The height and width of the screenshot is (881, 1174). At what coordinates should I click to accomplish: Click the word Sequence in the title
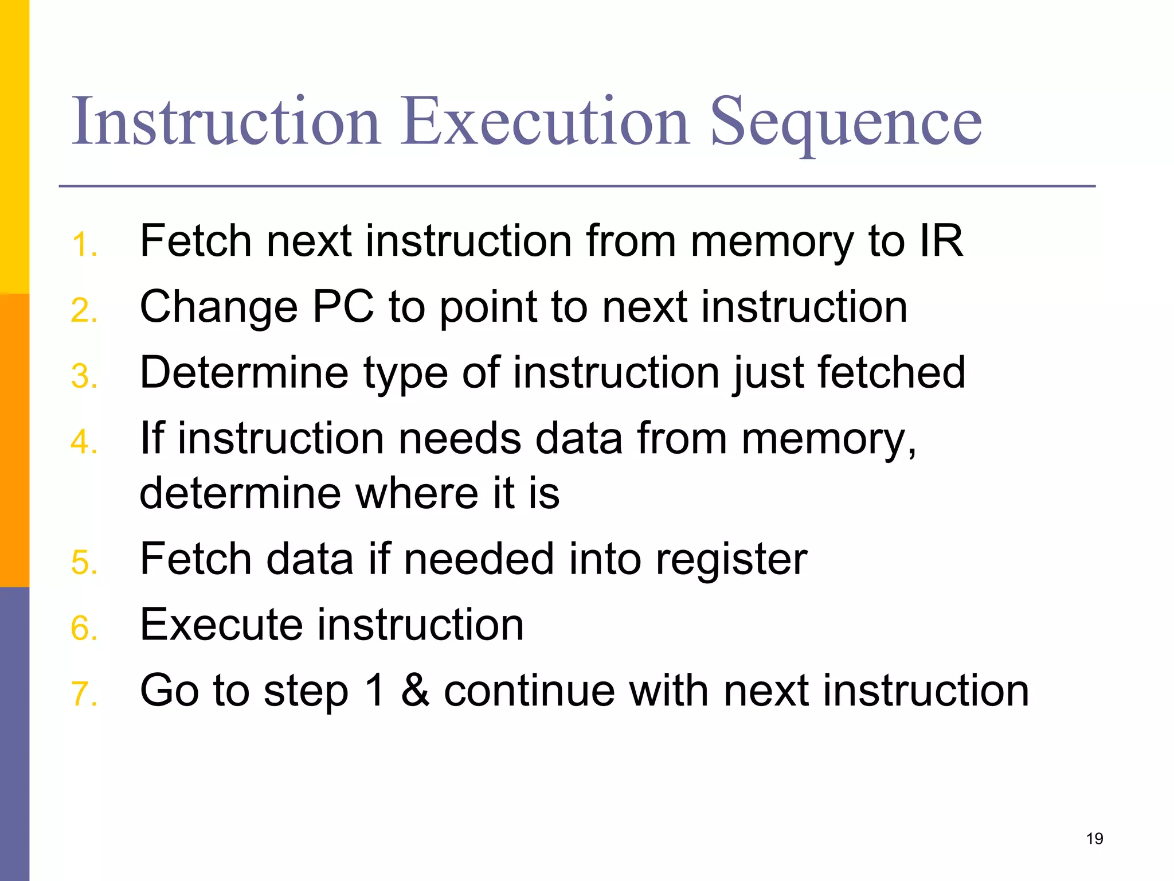[x=846, y=123]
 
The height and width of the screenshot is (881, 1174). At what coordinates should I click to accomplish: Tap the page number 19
[x=1094, y=839]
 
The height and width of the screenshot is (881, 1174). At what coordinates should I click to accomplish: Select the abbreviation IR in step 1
[x=941, y=241]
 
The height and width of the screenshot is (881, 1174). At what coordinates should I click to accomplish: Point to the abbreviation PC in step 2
[x=342, y=307]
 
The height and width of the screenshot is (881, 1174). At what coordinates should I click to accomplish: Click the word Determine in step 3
[x=244, y=373]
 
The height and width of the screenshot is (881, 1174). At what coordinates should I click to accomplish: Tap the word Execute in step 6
[x=221, y=625]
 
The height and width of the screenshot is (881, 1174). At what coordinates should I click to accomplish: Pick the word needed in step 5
[x=479, y=559]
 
